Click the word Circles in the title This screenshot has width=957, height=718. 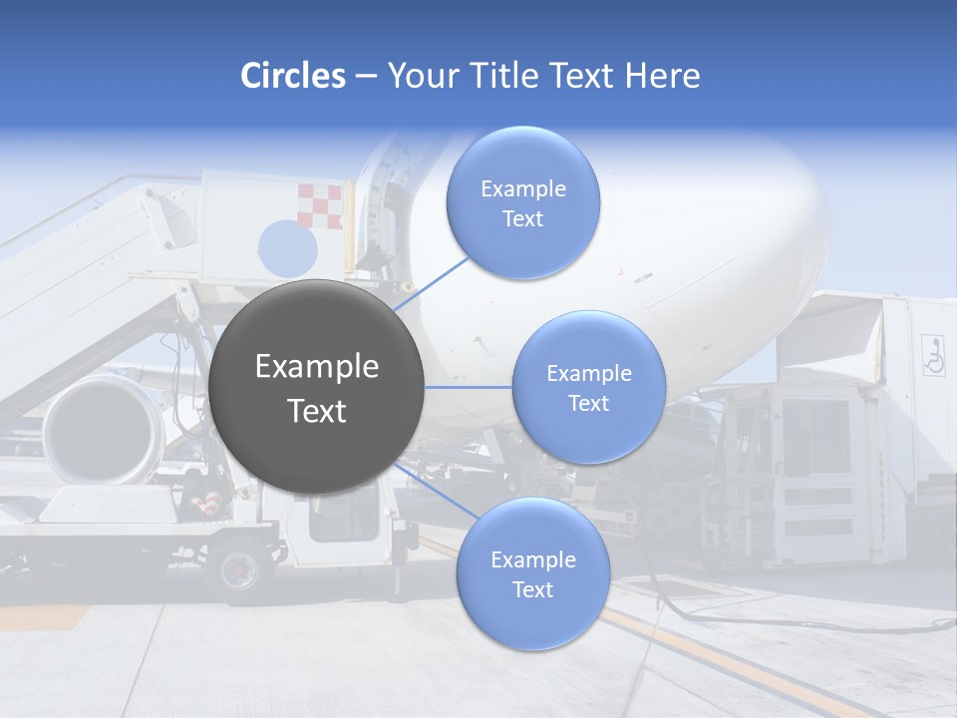(292, 76)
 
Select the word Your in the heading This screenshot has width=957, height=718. (420, 76)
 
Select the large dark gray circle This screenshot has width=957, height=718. (317, 387)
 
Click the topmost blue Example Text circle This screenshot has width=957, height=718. (522, 202)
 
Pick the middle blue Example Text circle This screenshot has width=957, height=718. (588, 387)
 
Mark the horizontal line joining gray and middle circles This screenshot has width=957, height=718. (469, 387)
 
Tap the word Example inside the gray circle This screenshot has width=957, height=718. (317, 367)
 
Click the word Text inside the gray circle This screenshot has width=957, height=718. (317, 411)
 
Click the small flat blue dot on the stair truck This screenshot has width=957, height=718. (287, 247)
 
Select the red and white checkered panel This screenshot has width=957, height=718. (320, 206)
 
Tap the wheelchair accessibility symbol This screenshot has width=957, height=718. (933, 355)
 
